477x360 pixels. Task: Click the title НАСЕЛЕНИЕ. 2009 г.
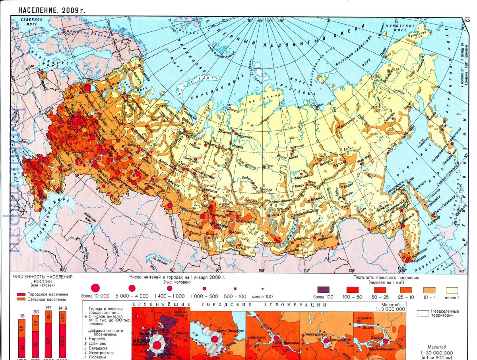[52, 10]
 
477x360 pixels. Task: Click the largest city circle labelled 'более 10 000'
[95, 288]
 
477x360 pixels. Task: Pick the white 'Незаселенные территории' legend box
[426, 313]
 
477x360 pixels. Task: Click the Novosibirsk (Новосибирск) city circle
[203, 216]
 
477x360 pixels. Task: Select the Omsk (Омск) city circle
[170, 205]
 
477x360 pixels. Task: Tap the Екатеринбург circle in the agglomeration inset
[326, 341]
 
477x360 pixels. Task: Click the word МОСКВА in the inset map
[141, 341]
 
